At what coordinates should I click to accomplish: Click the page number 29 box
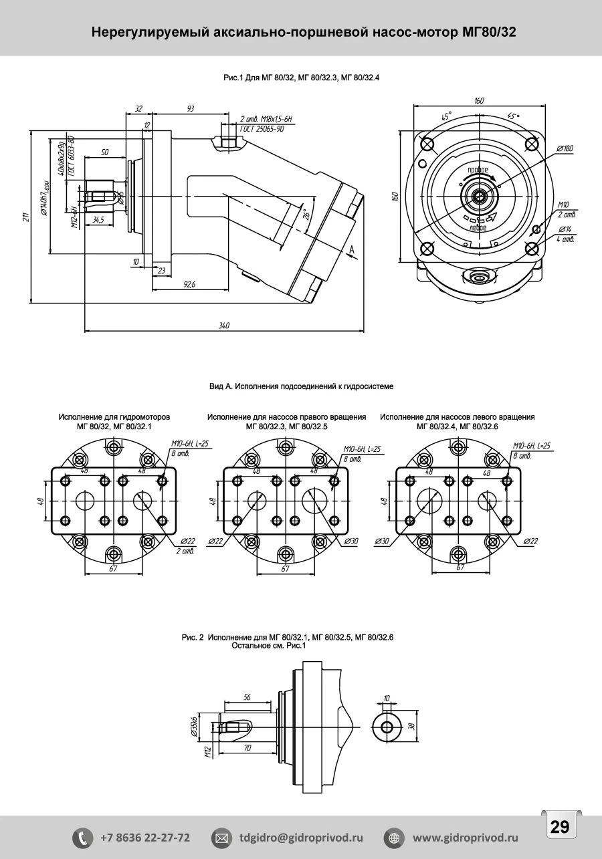click(x=559, y=826)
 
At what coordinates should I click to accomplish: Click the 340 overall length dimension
click(x=224, y=326)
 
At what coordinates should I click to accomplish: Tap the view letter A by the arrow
click(x=352, y=249)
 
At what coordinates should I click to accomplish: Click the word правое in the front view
click(x=478, y=170)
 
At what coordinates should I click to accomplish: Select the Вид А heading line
click(x=301, y=386)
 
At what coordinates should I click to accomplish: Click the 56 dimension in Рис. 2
click(x=247, y=697)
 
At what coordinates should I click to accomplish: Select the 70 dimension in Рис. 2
click(x=247, y=748)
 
